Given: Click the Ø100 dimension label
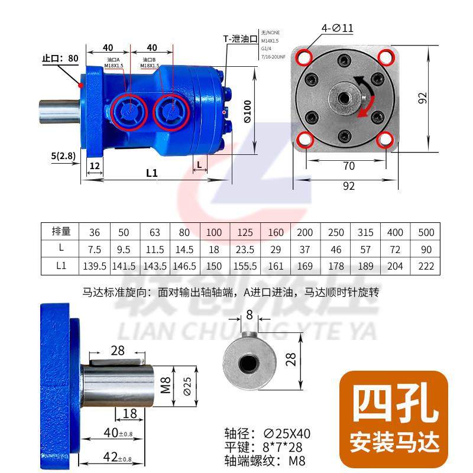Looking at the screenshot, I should [247, 110].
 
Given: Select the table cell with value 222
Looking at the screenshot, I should [426, 267].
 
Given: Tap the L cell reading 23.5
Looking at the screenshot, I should [245, 249].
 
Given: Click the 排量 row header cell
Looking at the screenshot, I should [61, 232].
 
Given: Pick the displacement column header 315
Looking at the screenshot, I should [365, 232].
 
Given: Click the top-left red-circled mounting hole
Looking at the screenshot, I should [305, 57].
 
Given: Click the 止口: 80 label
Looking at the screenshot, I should [60, 59].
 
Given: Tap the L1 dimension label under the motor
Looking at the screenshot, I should [151, 173].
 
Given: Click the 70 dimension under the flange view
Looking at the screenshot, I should [349, 167].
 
